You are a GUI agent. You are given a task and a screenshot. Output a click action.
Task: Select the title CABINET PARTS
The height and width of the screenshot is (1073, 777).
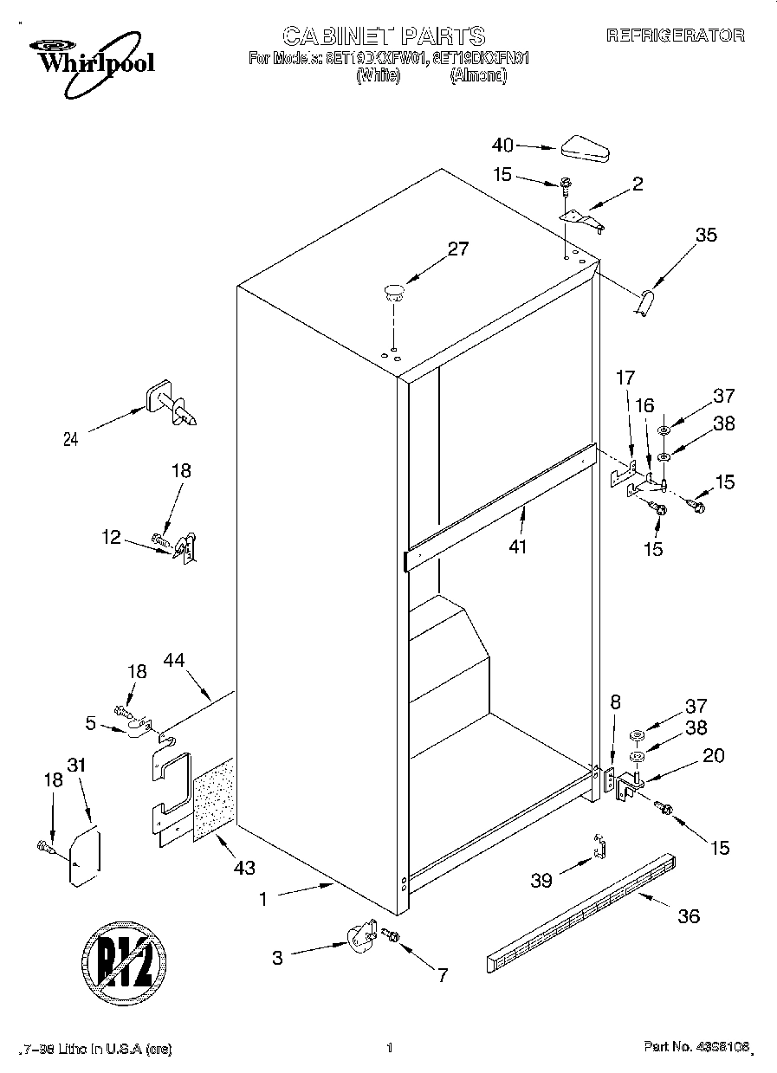[384, 36]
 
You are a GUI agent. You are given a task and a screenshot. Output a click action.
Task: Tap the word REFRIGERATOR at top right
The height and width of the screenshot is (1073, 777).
[675, 36]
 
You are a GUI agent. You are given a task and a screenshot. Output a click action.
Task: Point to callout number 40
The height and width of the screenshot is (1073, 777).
[503, 145]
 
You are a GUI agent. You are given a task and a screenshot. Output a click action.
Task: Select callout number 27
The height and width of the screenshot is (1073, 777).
[457, 249]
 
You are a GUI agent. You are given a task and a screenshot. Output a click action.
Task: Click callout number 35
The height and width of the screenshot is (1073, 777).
[706, 234]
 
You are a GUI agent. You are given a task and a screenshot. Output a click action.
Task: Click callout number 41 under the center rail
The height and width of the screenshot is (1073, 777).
[518, 546]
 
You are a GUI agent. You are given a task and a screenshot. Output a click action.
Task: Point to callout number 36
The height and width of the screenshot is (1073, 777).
[689, 915]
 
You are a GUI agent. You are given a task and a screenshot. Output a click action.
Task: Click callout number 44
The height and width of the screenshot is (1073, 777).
[199, 662]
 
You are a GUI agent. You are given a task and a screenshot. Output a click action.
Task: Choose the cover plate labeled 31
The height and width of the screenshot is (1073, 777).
[84, 856]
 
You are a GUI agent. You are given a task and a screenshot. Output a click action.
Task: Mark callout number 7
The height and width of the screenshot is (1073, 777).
[442, 976]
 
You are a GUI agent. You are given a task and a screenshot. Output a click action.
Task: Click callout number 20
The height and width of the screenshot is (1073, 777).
[713, 754]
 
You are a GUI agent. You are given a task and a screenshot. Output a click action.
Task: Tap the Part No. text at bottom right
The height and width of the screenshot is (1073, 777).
[695, 1049]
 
